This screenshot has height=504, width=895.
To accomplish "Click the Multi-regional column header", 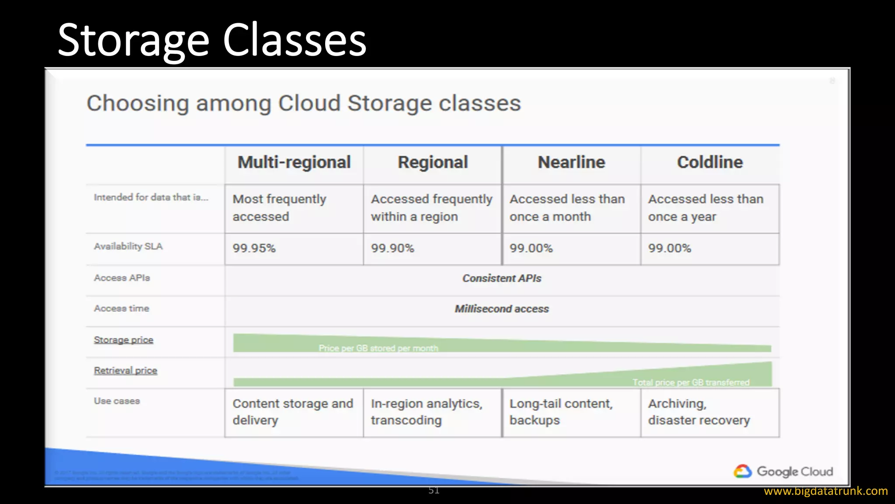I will pyautogui.click(x=294, y=162).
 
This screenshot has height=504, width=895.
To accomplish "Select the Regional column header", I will pyautogui.click(x=433, y=162).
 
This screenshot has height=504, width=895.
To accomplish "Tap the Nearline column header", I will pyautogui.click(x=571, y=162).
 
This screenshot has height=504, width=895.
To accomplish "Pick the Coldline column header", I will pyautogui.click(x=710, y=162).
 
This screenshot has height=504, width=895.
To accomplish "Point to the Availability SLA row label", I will pyautogui.click(x=128, y=246).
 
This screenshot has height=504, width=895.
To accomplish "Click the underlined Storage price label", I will pyautogui.click(x=124, y=340).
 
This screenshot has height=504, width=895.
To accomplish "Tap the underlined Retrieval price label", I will pyautogui.click(x=125, y=371).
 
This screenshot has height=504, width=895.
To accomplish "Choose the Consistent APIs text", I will pyautogui.click(x=502, y=278).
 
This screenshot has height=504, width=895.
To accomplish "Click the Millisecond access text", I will pyautogui.click(x=502, y=309).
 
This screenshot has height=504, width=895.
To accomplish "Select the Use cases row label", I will pyautogui.click(x=117, y=401).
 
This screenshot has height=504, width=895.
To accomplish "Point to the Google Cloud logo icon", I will pyautogui.click(x=742, y=471).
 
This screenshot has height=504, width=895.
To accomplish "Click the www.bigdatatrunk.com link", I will pyautogui.click(x=826, y=491).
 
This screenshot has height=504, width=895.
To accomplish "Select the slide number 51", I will pyautogui.click(x=434, y=490).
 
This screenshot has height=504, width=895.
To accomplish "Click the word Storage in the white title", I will pyautogui.click(x=134, y=41).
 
